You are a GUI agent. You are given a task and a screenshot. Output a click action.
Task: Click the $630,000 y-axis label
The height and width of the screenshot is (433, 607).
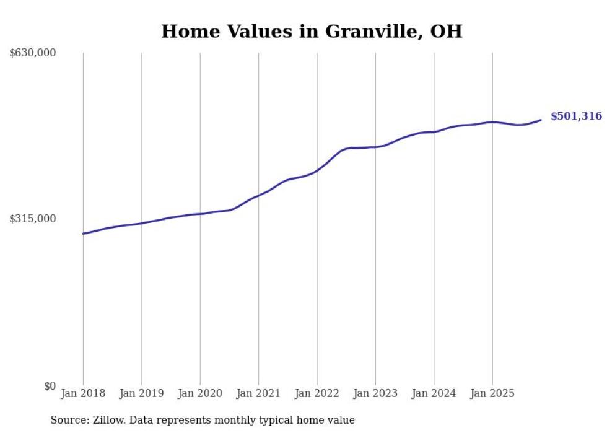33,53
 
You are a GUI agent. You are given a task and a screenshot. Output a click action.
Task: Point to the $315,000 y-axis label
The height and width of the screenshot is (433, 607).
33,219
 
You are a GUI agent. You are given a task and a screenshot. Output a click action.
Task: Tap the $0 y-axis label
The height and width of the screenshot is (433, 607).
50,386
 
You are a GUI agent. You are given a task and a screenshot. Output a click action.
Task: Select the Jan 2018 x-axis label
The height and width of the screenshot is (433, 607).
83,393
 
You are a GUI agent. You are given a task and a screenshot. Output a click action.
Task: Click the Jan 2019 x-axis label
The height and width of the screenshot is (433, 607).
142,393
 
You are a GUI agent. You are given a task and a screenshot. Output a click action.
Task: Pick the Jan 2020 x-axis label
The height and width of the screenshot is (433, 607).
200,393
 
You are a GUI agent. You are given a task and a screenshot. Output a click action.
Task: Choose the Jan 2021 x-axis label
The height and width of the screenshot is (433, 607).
258,393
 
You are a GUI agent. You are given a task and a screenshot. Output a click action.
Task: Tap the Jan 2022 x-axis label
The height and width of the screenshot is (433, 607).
317,393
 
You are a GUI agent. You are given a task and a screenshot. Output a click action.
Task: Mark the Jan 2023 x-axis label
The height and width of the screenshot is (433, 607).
375,393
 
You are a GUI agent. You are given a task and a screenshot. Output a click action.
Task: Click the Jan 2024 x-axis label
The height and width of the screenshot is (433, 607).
434,393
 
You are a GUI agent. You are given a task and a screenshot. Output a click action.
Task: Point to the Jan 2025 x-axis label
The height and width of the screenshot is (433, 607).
492,393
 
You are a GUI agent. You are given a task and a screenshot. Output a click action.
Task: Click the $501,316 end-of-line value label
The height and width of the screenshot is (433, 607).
576,116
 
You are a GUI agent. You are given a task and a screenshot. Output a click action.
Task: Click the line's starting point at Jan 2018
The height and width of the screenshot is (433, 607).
83,234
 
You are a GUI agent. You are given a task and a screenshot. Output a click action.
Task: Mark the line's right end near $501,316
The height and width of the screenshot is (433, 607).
541,120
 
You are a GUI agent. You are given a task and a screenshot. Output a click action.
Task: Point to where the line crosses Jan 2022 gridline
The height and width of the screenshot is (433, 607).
317,170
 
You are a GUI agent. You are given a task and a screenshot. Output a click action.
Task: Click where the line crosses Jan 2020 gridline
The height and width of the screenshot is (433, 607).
200,214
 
